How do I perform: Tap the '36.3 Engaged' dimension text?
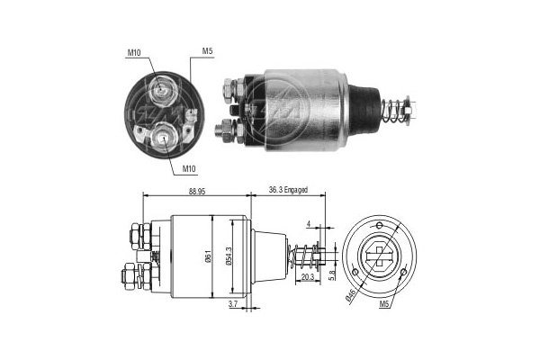(288, 189)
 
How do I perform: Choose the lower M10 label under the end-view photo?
(190, 168)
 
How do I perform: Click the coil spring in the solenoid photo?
(391, 112)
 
